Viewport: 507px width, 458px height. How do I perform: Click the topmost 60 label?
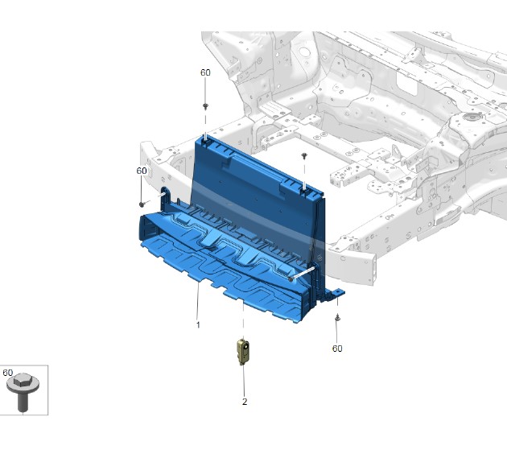[x=205, y=72]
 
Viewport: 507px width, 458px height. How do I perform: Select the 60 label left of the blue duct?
[x=142, y=171]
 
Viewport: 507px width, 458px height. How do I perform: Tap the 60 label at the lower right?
[x=337, y=349]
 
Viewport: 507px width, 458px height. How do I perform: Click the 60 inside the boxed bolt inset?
[x=8, y=373]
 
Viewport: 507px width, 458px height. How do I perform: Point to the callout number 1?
[x=198, y=324]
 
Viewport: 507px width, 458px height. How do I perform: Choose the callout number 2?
[x=245, y=402]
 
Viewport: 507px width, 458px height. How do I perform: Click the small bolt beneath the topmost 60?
[x=205, y=106]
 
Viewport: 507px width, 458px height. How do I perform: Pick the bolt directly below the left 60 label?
[x=142, y=204]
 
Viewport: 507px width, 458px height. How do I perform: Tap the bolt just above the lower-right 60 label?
[x=337, y=317]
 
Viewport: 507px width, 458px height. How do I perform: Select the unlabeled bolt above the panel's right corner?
[x=304, y=156]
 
